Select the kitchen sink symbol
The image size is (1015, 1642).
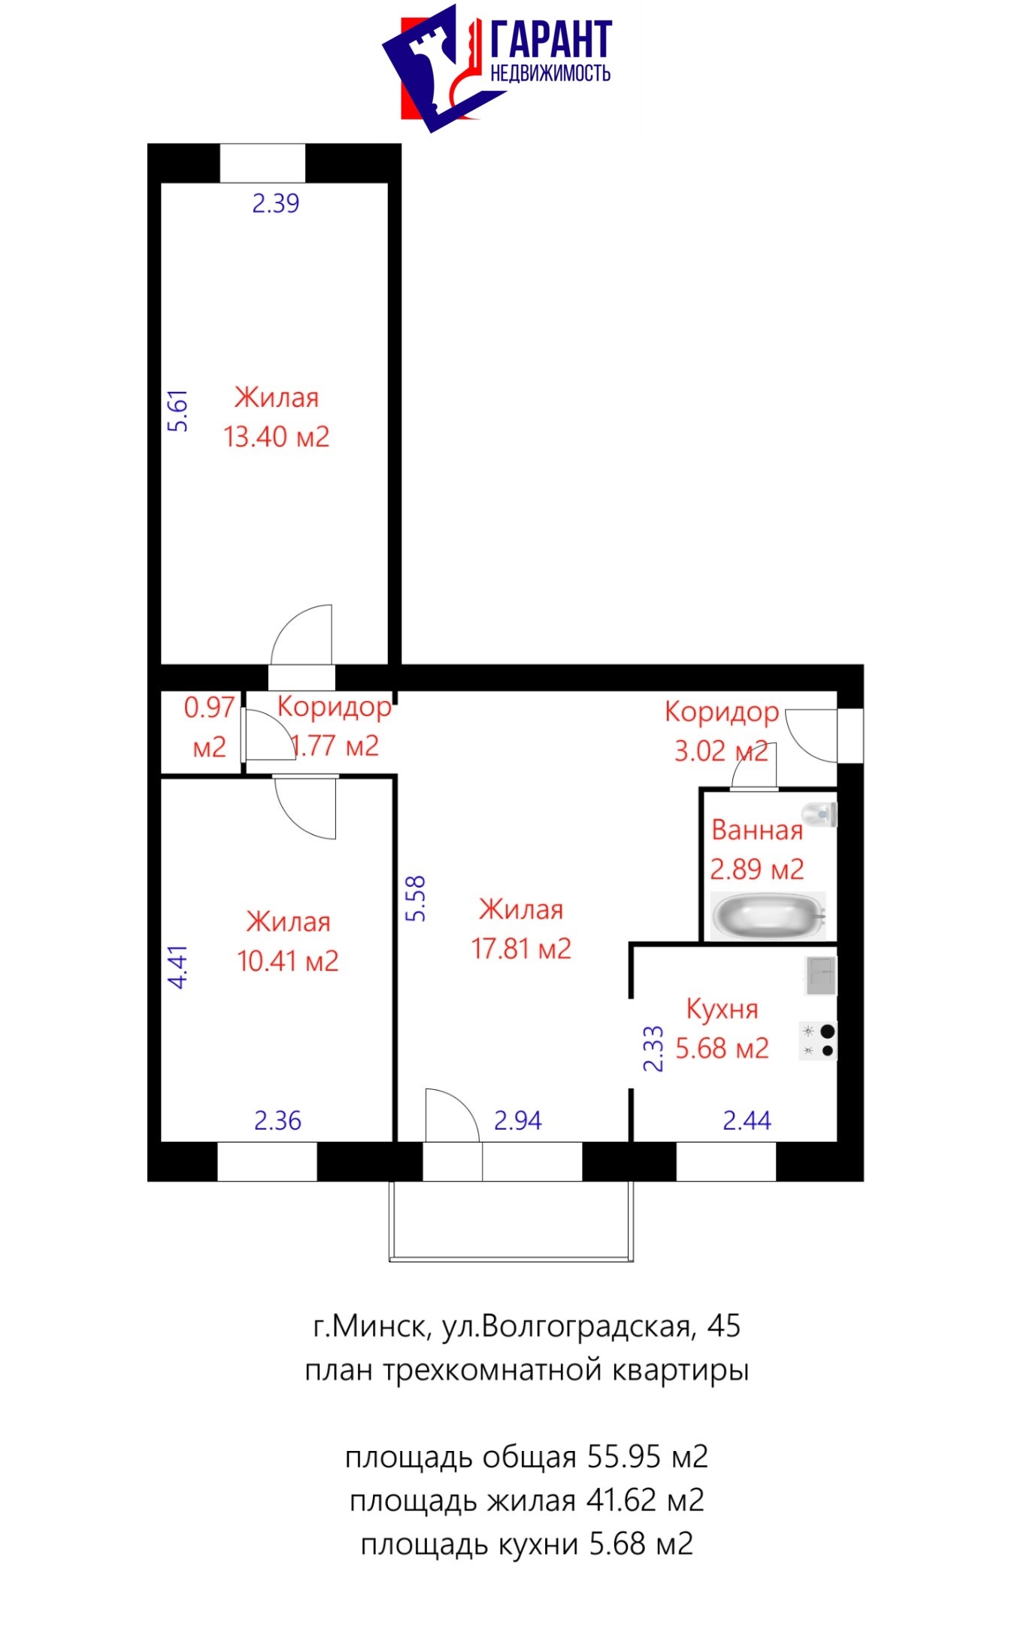click(x=820, y=975)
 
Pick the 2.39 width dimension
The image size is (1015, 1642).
click(x=275, y=203)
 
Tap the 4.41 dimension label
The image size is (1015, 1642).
click(x=177, y=967)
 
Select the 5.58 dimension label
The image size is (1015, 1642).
click(x=415, y=898)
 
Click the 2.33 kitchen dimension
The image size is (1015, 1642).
click(x=653, y=1049)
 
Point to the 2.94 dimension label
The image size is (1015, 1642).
click(x=517, y=1121)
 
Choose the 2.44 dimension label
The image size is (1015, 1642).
click(x=747, y=1121)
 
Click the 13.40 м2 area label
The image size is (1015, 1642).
click(x=277, y=436)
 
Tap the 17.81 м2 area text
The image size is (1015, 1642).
click(x=521, y=948)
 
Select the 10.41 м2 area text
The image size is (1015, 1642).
click(x=288, y=961)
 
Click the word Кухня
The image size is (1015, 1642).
click(x=722, y=1009)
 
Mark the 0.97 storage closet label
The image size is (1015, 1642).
click(x=209, y=707)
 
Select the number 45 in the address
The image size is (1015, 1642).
click(x=723, y=1325)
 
